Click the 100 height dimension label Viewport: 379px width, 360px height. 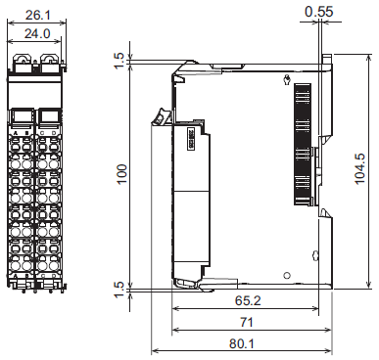click(121, 173)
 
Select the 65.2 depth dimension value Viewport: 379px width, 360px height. click(245, 302)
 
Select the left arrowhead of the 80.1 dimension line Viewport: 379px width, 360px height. click(155, 350)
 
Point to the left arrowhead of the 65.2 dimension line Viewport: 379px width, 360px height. click(176, 310)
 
